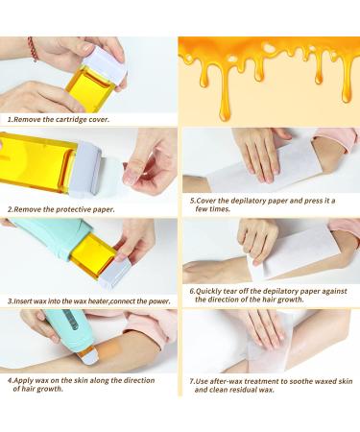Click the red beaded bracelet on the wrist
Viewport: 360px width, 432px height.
34,49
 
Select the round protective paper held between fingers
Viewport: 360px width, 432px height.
113,176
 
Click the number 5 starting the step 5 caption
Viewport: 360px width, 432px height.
191,201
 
